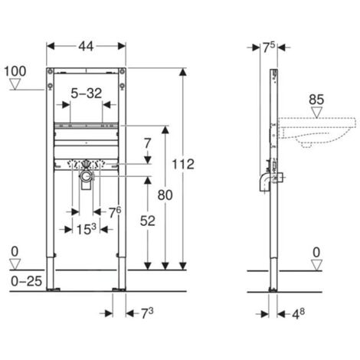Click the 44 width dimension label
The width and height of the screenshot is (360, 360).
(86, 47)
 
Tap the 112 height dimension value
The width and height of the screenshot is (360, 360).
(183, 164)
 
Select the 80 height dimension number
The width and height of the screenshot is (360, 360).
(165, 195)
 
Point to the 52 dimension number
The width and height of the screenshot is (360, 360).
(148, 221)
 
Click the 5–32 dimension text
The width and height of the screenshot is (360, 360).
(87, 93)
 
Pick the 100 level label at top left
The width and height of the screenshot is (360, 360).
(15, 71)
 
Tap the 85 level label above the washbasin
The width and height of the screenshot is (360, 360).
(316, 100)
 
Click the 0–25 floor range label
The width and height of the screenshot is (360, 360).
(27, 281)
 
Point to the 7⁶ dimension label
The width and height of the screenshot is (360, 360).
(115, 212)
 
